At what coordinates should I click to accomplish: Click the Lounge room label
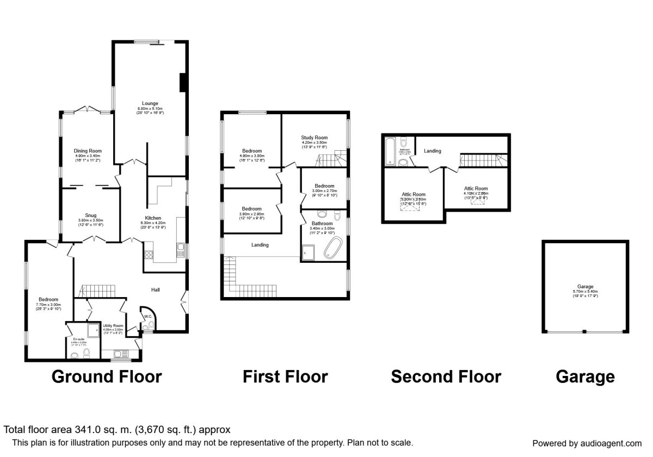[150, 103]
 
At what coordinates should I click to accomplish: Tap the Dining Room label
[88, 151]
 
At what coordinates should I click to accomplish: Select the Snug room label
[90, 215]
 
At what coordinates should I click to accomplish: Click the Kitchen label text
[153, 218]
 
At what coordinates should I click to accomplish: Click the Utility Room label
[113, 325]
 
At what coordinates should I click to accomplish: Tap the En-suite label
[79, 339]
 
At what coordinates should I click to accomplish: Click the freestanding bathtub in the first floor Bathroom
[332, 248]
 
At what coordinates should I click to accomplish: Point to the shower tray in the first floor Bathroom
[309, 252]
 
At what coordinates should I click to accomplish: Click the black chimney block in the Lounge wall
[183, 82]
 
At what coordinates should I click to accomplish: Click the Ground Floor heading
[107, 376]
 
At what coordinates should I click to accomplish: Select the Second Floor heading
[446, 376]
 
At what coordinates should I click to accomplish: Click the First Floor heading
[285, 376]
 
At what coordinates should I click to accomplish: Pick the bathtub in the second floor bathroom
[390, 151]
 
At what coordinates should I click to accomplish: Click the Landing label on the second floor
[433, 151]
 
